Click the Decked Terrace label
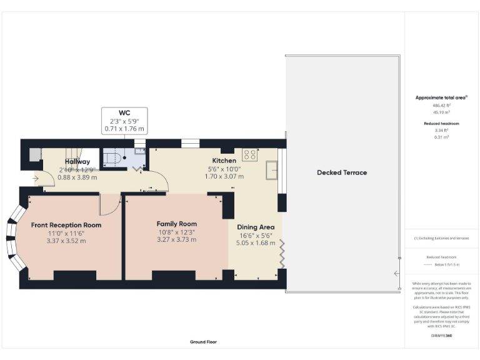tap(341, 172)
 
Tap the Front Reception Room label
tap(66, 225)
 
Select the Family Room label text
tap(176, 224)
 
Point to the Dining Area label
tap(255, 227)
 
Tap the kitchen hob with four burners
tap(251, 154)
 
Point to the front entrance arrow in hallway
tap(35, 178)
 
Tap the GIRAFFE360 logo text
tap(441, 336)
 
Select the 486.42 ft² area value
tap(441, 106)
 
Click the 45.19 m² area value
tap(441, 112)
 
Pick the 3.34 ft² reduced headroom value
tap(441, 130)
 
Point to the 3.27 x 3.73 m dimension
tap(176, 239)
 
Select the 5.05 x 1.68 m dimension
tap(255, 243)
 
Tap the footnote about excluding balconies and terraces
tap(441, 238)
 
